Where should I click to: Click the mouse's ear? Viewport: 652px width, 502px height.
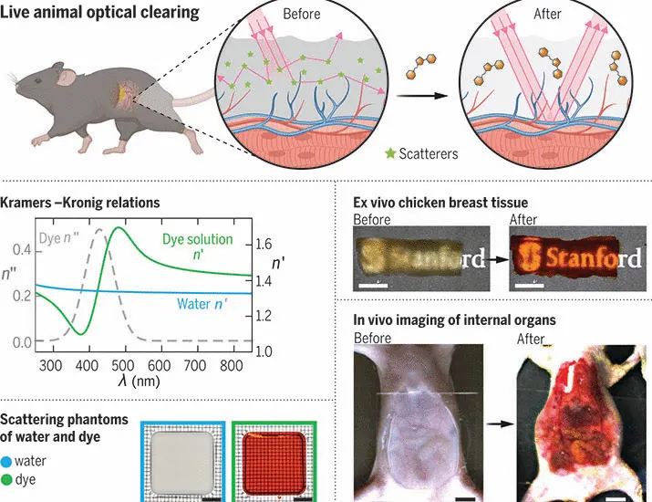(66, 76)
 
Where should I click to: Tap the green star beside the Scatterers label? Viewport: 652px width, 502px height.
(390, 153)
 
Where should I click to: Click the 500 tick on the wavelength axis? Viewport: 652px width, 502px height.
(123, 366)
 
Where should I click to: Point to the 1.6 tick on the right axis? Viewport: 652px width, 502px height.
(264, 244)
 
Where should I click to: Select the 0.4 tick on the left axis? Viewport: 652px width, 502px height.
(22, 250)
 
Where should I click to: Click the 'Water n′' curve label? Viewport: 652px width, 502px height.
(202, 304)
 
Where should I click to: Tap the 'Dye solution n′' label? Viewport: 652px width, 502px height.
(198, 246)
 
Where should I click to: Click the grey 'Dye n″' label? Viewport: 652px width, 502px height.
(58, 238)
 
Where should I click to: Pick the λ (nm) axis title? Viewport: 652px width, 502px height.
(139, 381)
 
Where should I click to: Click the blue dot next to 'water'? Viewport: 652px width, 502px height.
(6, 462)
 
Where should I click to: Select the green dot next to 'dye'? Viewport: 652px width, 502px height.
(6, 480)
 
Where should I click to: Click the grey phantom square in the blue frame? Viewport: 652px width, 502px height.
(183, 462)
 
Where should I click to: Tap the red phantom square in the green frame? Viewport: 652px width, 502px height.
(274, 463)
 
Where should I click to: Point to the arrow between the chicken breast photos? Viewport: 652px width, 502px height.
(497, 259)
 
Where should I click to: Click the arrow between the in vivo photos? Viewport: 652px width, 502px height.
(501, 424)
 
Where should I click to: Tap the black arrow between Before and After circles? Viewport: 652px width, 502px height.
(421, 96)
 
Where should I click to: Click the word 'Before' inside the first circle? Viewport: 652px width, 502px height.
(302, 15)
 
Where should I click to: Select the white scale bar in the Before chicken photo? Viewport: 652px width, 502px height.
(373, 286)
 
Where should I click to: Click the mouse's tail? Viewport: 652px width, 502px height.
(194, 99)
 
